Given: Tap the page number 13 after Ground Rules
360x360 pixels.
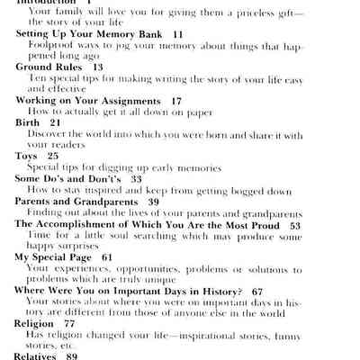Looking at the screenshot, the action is click(97, 67).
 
